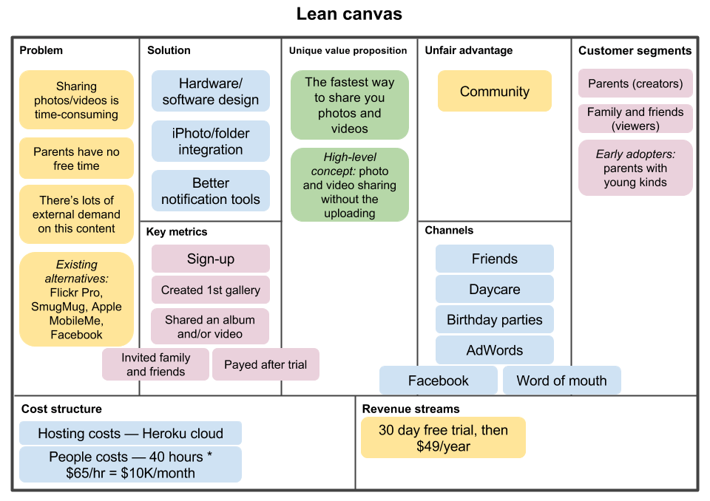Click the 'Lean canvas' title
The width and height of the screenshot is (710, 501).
pyautogui.click(x=349, y=14)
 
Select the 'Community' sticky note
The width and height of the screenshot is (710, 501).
pyautogui.click(x=494, y=92)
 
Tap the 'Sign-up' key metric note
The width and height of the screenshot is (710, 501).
pyautogui.click(x=211, y=259)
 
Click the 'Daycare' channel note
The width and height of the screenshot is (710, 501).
pyautogui.click(x=494, y=290)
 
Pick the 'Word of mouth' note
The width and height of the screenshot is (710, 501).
pyautogui.click(x=561, y=381)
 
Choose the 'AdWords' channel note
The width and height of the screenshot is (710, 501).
pyautogui.click(x=494, y=350)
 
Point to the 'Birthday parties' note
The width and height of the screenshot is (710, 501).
pyautogui.click(x=494, y=320)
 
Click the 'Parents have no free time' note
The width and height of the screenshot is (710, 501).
pyautogui.click(x=76, y=159)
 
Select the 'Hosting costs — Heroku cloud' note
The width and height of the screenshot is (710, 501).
pyautogui.click(x=130, y=434)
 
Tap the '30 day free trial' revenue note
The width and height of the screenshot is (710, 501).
pyautogui.click(x=443, y=437)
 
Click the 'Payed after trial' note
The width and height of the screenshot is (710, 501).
pyautogui.click(x=266, y=364)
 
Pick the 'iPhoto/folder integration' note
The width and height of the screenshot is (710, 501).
pyautogui.click(x=211, y=141)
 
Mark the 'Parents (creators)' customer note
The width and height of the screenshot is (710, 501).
pyautogui.click(x=635, y=83)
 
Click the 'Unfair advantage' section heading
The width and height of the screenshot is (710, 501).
pyautogui.click(x=468, y=50)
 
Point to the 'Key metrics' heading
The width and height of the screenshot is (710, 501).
pyautogui.click(x=177, y=231)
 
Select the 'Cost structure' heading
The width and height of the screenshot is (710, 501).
pyautogui.click(x=61, y=409)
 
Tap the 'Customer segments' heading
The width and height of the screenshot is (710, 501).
pyautogui.click(x=635, y=50)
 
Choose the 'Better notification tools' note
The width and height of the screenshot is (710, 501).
pyautogui.click(x=211, y=191)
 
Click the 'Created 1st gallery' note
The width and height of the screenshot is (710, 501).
pyautogui.click(x=211, y=290)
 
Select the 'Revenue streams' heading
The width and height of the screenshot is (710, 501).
pyautogui.click(x=410, y=409)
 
